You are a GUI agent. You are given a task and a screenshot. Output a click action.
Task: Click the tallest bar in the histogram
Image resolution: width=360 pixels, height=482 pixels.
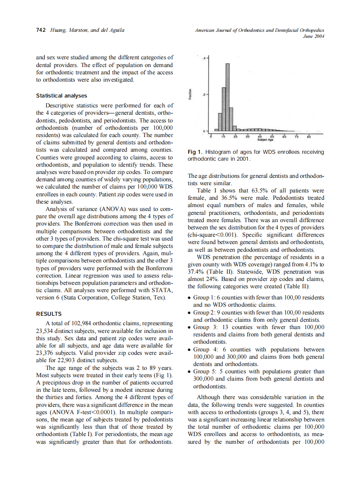[x=228, y=97]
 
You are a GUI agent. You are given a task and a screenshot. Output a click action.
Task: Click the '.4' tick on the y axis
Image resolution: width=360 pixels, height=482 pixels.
[x=204, y=57]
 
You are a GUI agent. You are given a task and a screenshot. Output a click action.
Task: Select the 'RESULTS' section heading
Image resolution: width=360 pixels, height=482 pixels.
[x=49, y=314]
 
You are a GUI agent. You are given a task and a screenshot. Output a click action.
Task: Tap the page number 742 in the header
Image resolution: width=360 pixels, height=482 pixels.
[x=41, y=30]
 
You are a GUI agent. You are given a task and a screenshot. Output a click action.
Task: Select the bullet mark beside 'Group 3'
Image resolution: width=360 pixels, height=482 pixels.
[x=190, y=327]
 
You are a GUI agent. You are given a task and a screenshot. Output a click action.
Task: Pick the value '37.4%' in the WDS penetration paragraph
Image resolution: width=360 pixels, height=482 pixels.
[x=195, y=272]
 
